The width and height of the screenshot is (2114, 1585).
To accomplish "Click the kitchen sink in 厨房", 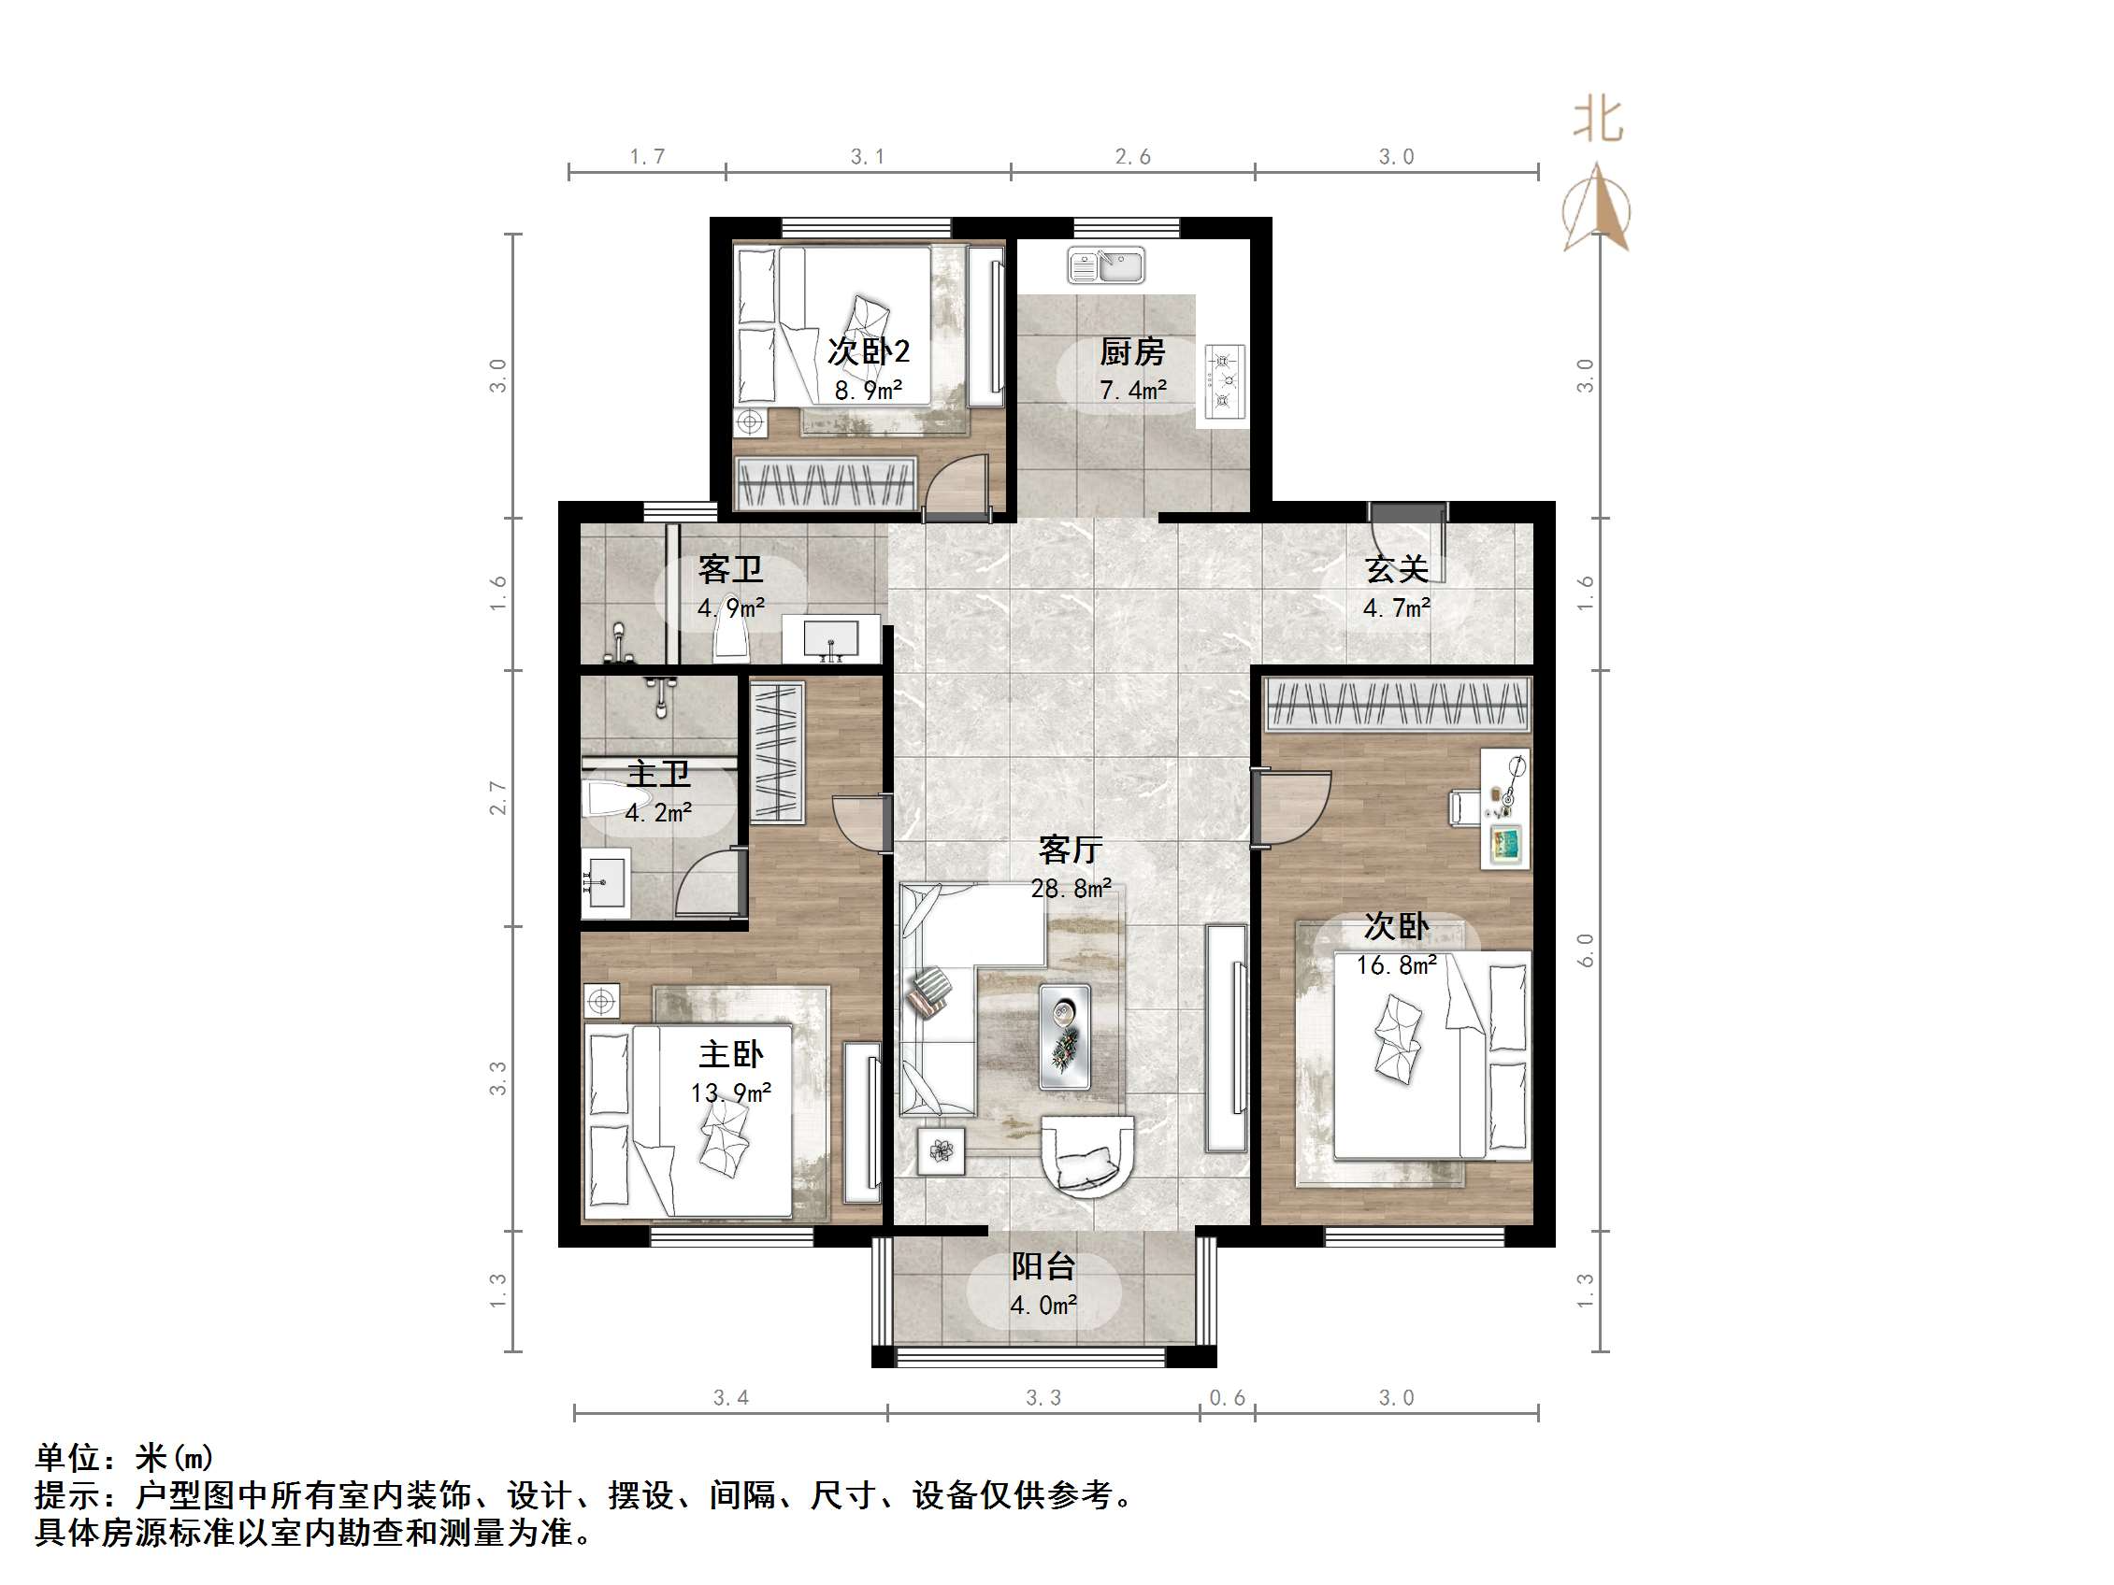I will click(x=1106, y=266).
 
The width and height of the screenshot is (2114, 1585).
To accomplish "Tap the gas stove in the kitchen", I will click(x=1224, y=382).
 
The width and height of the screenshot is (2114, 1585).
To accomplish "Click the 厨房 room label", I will click(x=1131, y=352).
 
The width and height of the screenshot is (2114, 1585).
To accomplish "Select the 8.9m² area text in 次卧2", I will click(x=868, y=391).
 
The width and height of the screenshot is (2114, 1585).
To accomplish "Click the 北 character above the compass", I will click(x=1597, y=121).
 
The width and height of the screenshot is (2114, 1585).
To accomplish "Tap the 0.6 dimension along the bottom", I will click(x=1227, y=1398).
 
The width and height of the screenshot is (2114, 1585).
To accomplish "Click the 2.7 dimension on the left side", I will click(x=498, y=797).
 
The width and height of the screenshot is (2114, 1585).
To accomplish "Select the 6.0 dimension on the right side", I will click(x=1585, y=950).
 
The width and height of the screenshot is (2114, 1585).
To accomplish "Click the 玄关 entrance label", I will click(x=1396, y=570).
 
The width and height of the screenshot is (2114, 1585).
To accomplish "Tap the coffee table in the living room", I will click(x=1065, y=1036).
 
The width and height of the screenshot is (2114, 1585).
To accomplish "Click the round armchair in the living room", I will click(x=1087, y=1156).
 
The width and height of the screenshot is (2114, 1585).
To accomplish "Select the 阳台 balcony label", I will click(x=1043, y=1267).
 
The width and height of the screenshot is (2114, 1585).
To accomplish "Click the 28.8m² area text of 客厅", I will click(x=1071, y=889).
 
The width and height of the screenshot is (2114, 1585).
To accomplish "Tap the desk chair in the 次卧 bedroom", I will click(x=1463, y=807).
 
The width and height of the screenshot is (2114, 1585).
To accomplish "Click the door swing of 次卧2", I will click(x=956, y=487).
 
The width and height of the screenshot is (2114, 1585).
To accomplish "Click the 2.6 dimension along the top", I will click(x=1132, y=157).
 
